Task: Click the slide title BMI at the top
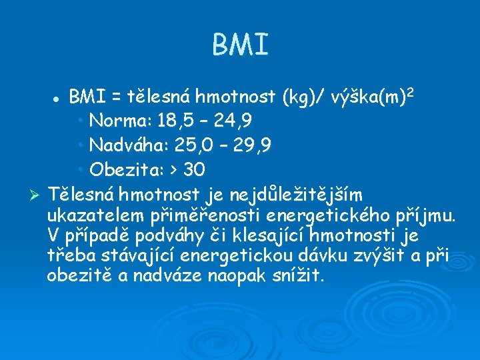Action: coord(240,45)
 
